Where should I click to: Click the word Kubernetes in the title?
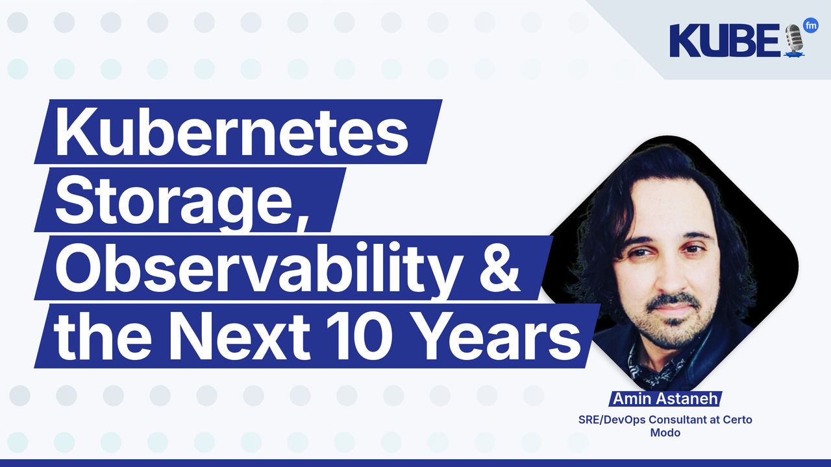click(x=232, y=133)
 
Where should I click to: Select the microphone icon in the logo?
click(x=793, y=41)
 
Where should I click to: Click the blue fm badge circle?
click(x=810, y=25)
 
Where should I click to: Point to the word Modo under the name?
click(x=665, y=433)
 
